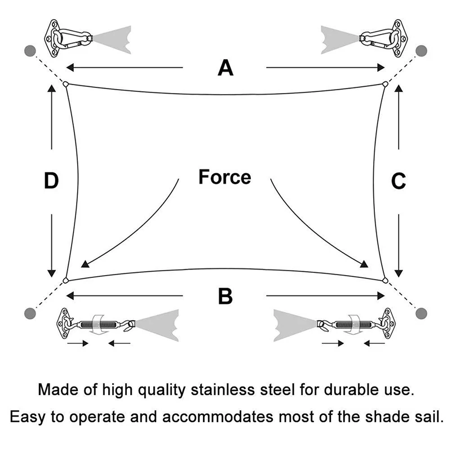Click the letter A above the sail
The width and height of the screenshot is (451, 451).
tap(225, 68)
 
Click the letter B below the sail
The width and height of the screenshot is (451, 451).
tap(225, 296)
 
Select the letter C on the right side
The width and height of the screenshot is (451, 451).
tap(398, 182)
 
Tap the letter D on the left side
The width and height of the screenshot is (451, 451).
tap(51, 182)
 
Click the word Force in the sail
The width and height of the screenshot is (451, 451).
tap(224, 177)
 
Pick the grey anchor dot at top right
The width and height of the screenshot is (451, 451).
tap(421, 51)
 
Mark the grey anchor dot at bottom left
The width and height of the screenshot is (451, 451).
tap(30, 312)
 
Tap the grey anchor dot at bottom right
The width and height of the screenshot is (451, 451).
tap(421, 312)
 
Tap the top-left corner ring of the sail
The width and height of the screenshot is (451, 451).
tap(66, 85)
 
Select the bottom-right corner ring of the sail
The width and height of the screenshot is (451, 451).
tap(385, 280)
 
